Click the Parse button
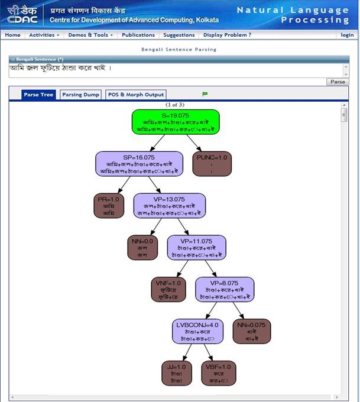tap(338, 82)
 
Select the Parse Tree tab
tap(38, 95)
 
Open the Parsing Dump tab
tap(80, 95)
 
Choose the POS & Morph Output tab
tap(136, 95)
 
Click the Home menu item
tap(12, 35)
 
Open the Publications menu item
tap(138, 35)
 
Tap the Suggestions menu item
tap(179, 35)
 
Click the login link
tap(347, 35)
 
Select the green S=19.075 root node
tap(175, 122)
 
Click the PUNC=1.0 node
tap(212, 164)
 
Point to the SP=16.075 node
tap(139, 164)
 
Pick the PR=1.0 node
tap(109, 206)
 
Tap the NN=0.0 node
tap(142, 247)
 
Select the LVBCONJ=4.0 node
tap(197, 331)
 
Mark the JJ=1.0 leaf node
tap(176, 373)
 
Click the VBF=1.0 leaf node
tap(216, 373)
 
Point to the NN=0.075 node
tap(252, 331)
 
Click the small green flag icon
tap(205, 94)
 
